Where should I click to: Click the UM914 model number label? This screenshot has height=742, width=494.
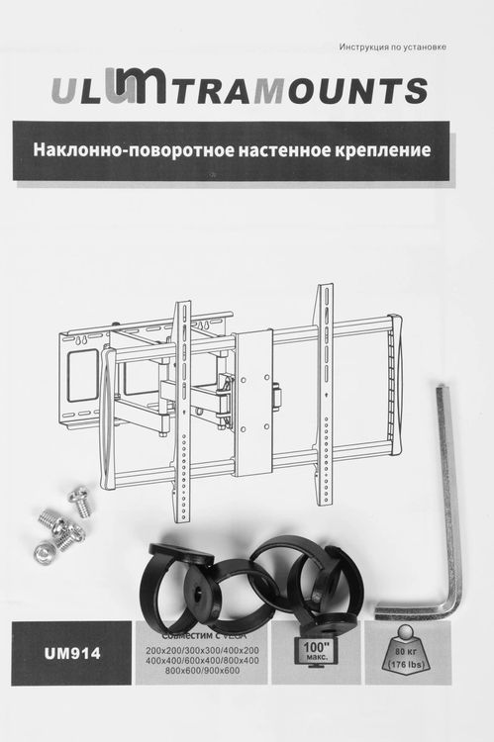point(70,652)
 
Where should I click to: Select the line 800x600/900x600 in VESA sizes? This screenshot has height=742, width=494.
point(203,672)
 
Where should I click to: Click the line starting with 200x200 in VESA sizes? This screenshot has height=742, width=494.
point(203,648)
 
